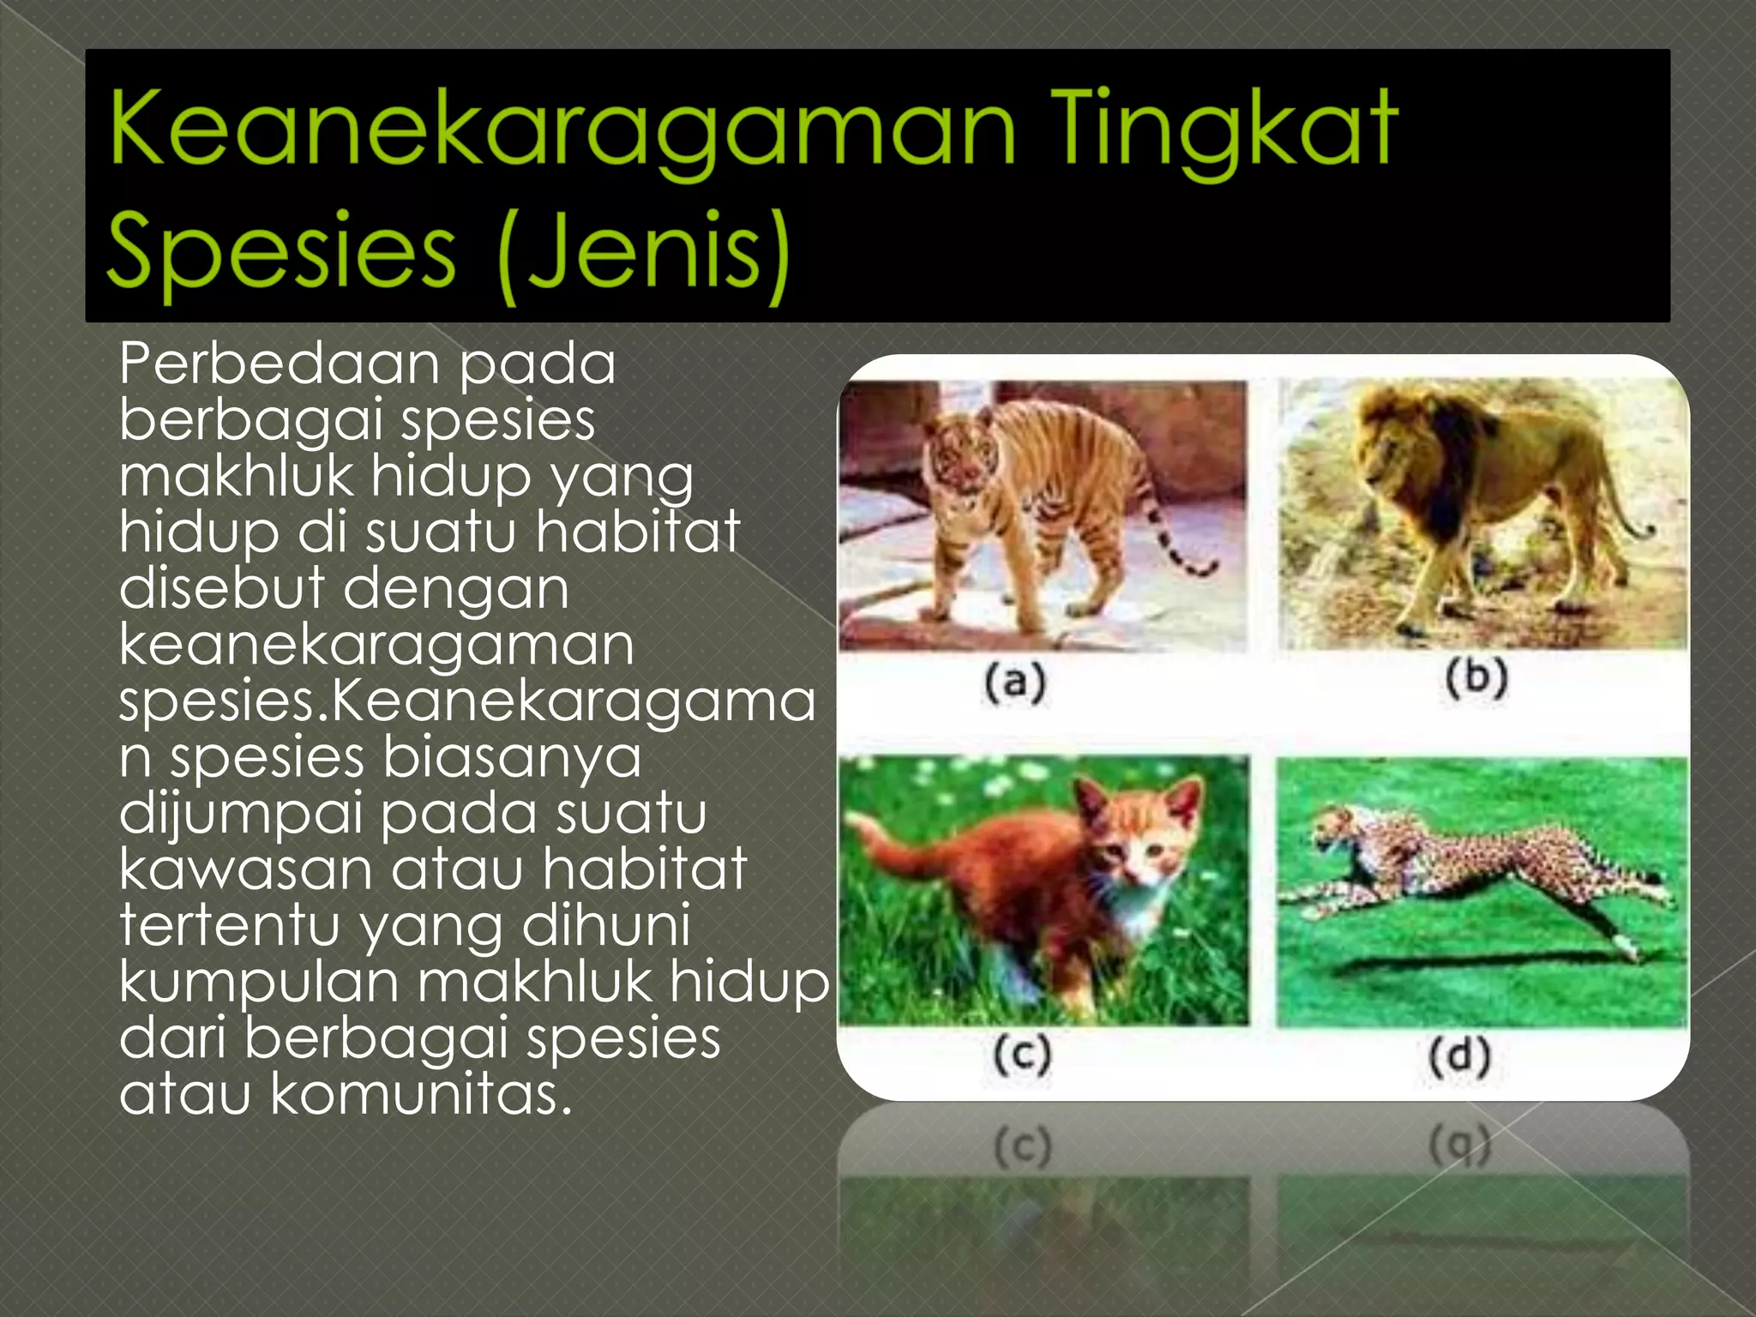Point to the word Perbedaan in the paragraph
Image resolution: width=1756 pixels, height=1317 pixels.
click(x=279, y=364)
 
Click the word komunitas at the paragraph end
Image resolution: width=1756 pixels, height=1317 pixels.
click(x=420, y=1095)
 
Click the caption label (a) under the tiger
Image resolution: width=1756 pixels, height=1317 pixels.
click(x=1015, y=683)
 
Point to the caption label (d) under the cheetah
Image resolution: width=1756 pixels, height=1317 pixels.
click(x=1459, y=1055)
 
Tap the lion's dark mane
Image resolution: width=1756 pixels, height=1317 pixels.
click(x=1449, y=454)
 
